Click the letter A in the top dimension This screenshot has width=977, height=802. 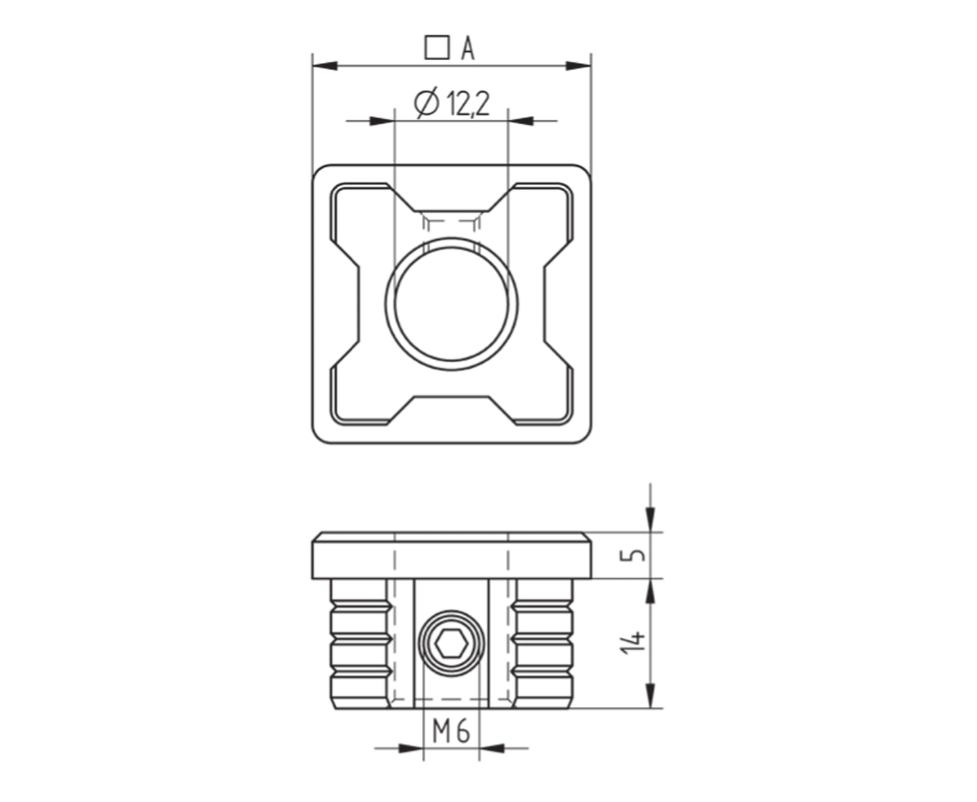468,48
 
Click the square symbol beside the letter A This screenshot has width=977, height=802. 437,48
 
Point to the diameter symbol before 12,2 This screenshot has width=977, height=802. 426,103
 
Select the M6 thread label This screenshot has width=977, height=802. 451,731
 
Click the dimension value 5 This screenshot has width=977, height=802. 638,554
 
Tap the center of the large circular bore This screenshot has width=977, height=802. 451,303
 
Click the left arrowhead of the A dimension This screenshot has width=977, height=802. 325,66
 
